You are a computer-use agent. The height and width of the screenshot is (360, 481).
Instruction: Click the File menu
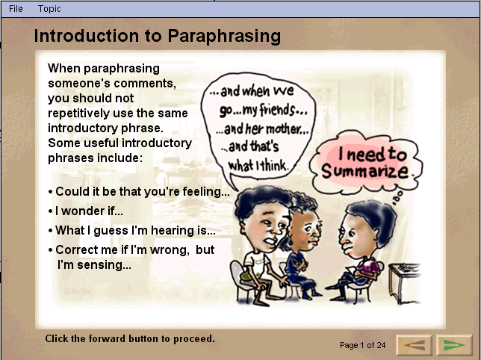coord(16,9)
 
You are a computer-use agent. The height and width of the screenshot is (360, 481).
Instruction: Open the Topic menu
coord(49,9)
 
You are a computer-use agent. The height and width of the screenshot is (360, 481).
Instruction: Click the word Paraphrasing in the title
coord(224,36)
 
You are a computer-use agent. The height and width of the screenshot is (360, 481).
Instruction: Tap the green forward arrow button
coord(453,345)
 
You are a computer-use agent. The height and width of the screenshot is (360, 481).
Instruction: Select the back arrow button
coord(414,345)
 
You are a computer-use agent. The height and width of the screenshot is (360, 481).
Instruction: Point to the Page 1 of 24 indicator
coord(362,345)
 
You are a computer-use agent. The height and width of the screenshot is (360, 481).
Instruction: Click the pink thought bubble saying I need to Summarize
coord(366,162)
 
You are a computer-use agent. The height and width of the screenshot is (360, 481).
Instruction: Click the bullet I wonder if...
coord(86,211)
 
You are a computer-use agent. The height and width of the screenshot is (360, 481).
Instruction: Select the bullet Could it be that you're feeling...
coord(139,192)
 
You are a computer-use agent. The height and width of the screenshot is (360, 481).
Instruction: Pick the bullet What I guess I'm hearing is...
coord(132,230)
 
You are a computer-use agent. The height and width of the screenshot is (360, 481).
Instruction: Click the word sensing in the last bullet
coord(104,265)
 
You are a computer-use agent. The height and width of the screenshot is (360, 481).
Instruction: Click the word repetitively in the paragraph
coord(78,114)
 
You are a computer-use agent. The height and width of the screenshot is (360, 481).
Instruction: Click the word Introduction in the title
coord(87,36)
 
